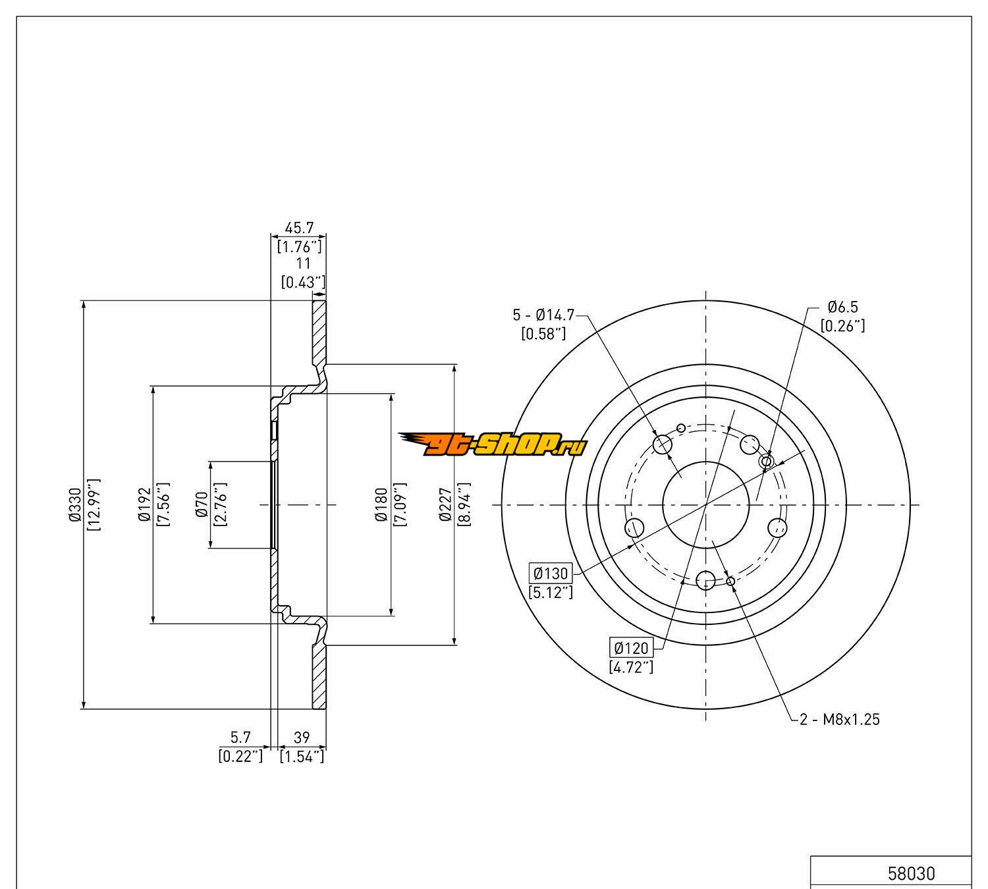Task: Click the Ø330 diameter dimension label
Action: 73,505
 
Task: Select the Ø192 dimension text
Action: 144,505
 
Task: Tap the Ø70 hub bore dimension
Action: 202,505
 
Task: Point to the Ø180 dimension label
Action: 381,505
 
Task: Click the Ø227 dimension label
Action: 446,505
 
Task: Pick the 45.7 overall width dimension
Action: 299,228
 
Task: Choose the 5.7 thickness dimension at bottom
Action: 240,738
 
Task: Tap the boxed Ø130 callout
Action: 549,573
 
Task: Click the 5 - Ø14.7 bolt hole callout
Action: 543,315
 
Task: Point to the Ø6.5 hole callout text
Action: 843,307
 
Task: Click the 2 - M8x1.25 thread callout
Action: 840,719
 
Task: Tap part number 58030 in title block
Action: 911,874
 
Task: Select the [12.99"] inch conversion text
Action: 93,505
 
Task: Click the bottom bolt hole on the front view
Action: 705,580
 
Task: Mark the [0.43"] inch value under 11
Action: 302,282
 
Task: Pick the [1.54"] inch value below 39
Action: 302,756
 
